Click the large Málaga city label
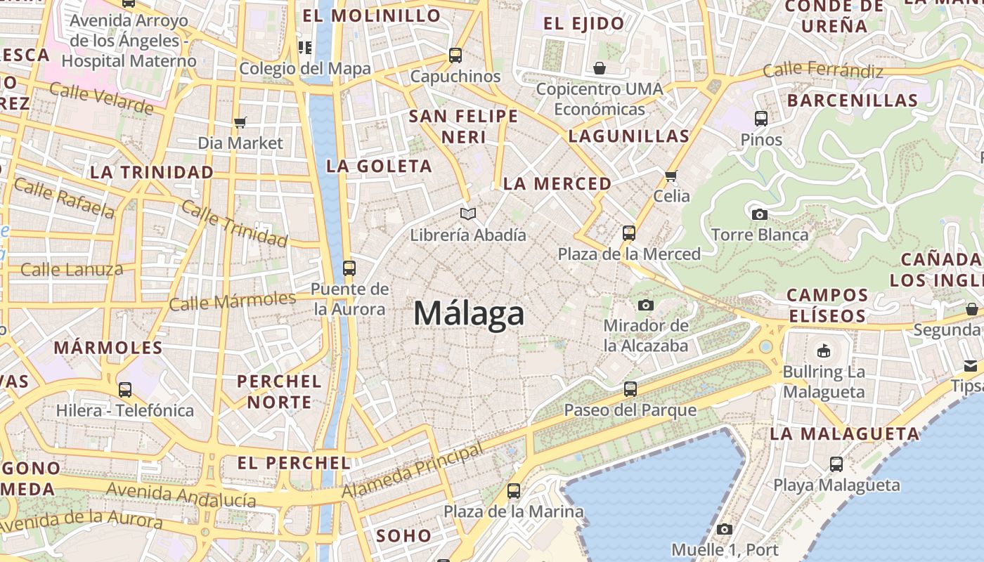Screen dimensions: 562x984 (469, 313)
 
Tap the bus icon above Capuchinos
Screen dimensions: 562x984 (455, 55)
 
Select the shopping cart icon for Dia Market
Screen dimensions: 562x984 (240, 123)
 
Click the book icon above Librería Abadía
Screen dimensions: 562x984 (468, 214)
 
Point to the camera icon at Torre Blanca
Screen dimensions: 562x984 (759, 214)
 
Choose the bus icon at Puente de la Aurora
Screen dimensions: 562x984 (349, 268)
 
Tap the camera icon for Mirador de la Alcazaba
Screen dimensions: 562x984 (645, 305)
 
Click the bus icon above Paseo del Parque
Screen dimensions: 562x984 (630, 388)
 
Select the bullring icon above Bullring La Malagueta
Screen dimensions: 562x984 (824, 350)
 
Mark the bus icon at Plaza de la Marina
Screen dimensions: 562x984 (514, 491)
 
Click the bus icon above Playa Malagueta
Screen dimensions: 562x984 (836, 464)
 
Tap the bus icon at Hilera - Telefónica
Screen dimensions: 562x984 (125, 389)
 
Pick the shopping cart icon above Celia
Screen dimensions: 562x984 (671, 175)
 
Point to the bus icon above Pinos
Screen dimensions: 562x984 (761, 118)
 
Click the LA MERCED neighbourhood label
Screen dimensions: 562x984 (557, 184)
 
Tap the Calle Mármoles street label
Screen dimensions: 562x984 (232, 301)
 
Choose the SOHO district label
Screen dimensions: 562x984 (403, 535)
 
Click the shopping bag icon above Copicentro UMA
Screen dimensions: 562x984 (600, 68)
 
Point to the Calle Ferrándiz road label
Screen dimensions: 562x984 (822, 70)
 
